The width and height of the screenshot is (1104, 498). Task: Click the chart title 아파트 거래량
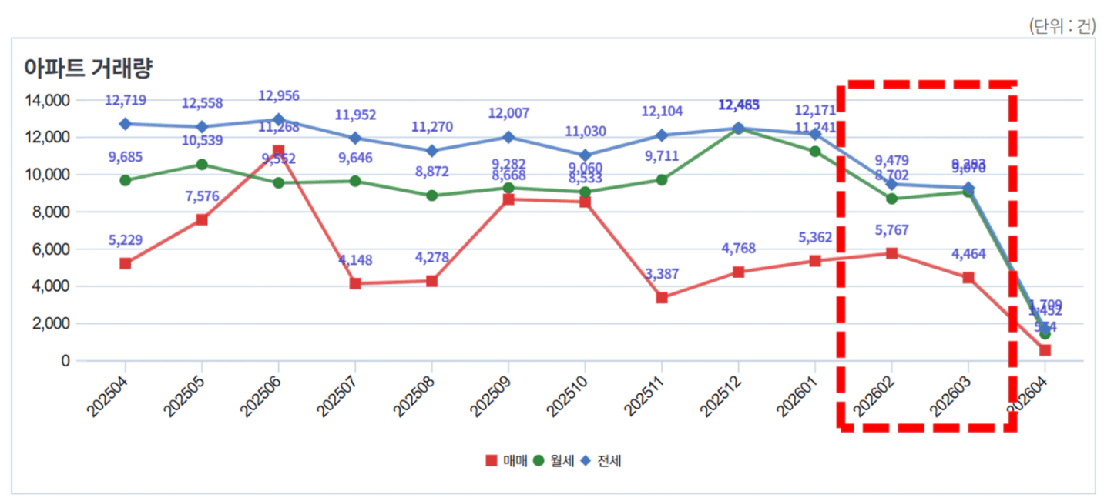tap(89, 69)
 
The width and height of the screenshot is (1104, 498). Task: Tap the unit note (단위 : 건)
tap(1062, 25)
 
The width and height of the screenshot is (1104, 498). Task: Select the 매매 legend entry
tap(505, 461)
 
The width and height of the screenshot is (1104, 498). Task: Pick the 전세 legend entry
tap(603, 461)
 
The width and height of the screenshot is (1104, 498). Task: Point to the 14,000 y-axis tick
tap(48, 100)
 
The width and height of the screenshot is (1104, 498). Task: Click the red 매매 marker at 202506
tap(278, 151)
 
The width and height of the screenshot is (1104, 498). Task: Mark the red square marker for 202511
tap(662, 298)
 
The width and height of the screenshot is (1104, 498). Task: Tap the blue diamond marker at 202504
tap(125, 124)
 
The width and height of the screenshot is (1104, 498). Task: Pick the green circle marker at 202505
tap(202, 164)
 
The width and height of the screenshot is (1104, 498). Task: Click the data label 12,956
tap(278, 96)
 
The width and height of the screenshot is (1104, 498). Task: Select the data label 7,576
tap(202, 196)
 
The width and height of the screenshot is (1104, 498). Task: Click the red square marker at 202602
tap(891, 253)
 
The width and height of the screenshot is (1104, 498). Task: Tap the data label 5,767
tap(891, 230)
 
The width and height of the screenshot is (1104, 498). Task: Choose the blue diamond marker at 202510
tap(585, 155)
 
